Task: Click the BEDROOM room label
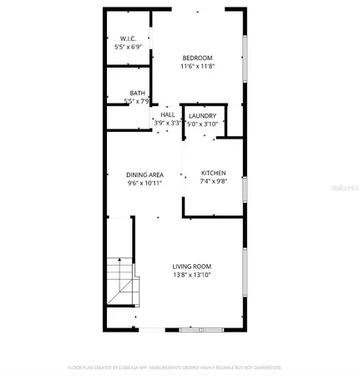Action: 198,58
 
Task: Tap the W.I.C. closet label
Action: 128,39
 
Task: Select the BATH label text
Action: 137,93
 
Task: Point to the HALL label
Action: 167,115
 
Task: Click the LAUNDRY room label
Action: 202,115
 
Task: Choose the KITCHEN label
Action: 212,174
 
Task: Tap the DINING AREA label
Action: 145,175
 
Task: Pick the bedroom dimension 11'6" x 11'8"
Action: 198,66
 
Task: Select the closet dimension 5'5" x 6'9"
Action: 129,48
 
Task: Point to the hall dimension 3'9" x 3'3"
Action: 167,123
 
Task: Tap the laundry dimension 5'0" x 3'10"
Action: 202,123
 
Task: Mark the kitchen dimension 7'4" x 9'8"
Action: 212,182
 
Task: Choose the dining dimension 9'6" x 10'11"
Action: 145,183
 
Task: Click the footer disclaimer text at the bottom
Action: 174,367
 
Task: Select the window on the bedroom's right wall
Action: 243,58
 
